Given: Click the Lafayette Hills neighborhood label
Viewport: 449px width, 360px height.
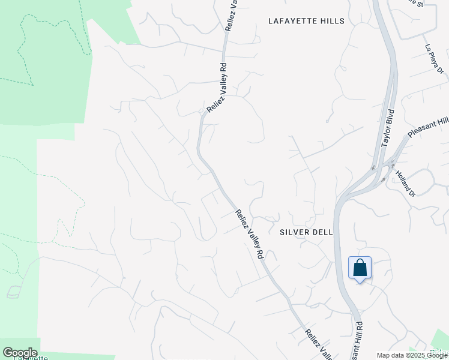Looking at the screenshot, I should coord(306,21).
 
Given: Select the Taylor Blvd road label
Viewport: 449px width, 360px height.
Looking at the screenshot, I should coord(388,128).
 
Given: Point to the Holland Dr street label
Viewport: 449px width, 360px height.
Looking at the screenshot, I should coord(405,182).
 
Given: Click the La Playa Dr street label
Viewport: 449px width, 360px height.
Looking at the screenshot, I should coord(433,59).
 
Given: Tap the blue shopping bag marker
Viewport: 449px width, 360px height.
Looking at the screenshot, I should coord(360,268).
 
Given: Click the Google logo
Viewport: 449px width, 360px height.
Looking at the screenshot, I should coord(20,352).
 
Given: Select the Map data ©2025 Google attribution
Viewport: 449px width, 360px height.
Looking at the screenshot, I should coord(412,355).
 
